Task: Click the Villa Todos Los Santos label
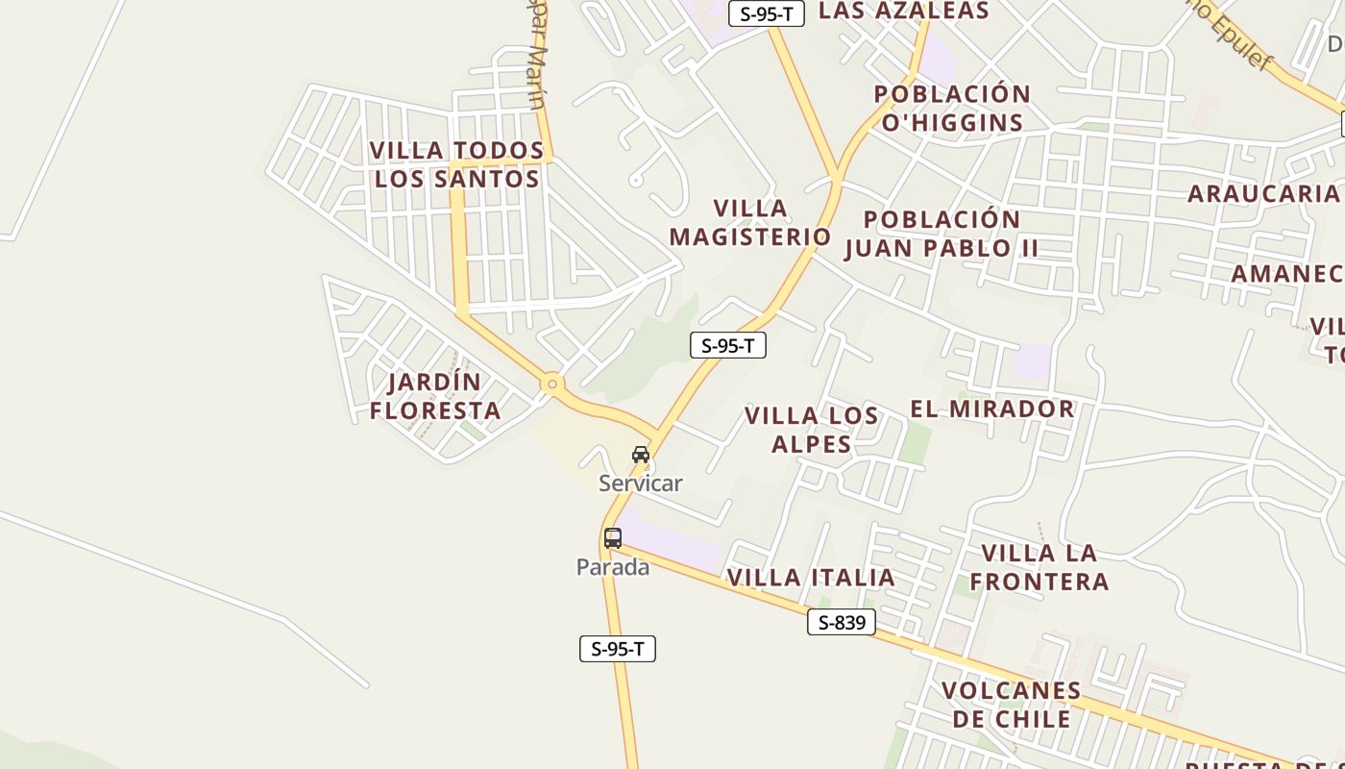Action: point(457,164)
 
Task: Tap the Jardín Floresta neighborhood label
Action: point(435,396)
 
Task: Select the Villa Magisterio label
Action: point(750,222)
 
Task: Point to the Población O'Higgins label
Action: point(952,108)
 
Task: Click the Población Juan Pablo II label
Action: point(941,234)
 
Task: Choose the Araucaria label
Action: point(1262,193)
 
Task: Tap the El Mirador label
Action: point(991,409)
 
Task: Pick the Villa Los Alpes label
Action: point(812,430)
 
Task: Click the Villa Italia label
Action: point(811,578)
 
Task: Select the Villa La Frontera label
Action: point(1039,567)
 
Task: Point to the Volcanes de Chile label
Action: point(1012,705)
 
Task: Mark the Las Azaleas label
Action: point(903,11)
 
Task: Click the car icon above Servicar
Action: point(641,454)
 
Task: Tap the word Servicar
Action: point(641,484)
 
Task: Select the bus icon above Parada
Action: point(613,538)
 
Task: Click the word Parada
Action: point(613,567)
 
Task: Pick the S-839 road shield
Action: point(842,623)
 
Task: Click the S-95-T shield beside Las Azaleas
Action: point(766,13)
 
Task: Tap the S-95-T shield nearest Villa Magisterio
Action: point(728,346)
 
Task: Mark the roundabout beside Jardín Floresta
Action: point(552,384)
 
